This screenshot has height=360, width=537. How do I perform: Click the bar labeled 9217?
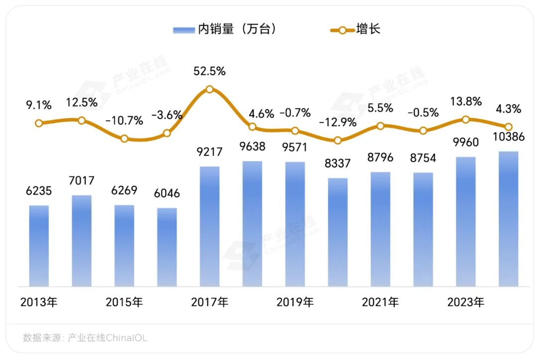[x=209, y=226]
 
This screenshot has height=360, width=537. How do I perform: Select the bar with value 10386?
[x=508, y=219]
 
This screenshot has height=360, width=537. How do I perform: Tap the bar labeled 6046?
[x=167, y=247]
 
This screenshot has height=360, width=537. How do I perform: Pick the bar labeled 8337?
[x=338, y=232]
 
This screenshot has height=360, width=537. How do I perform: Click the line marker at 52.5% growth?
[x=209, y=90]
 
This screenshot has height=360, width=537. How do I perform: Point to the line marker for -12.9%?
[x=338, y=140]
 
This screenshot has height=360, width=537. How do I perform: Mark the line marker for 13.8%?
[x=465, y=119]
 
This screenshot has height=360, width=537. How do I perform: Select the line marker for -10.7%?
[x=124, y=139]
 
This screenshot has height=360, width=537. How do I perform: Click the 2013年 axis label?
[x=39, y=302]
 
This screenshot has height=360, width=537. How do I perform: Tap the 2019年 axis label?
[x=295, y=302]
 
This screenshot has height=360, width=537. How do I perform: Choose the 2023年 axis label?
[x=465, y=302]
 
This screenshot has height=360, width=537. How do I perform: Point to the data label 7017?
[x=82, y=181]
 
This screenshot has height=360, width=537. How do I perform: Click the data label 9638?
[x=252, y=147]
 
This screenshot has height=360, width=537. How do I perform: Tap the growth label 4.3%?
[x=508, y=108]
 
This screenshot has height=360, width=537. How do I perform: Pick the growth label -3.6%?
[x=167, y=115]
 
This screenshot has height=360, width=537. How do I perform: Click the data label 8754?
[x=423, y=158]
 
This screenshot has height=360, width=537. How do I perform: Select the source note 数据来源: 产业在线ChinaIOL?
[x=85, y=338]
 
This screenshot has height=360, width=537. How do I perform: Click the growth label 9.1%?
[x=39, y=105]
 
